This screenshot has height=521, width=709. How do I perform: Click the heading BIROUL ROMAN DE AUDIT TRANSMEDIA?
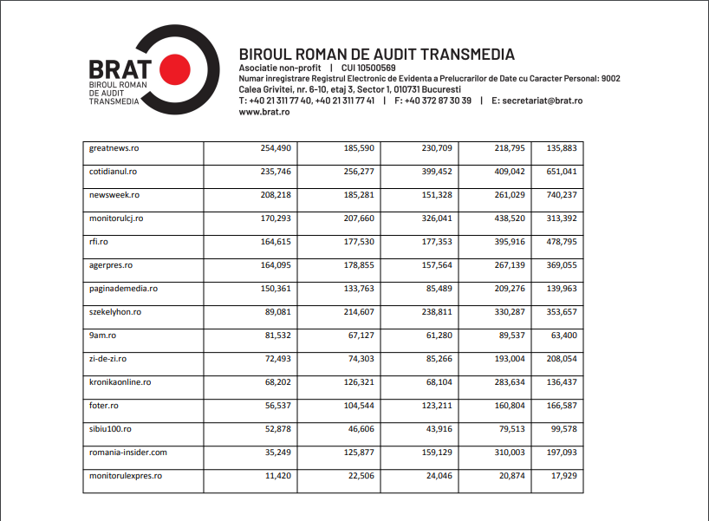(376, 55)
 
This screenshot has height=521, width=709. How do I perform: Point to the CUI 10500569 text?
(368, 68)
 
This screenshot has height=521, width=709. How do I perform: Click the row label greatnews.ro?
(114, 148)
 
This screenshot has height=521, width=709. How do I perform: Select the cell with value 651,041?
(561, 172)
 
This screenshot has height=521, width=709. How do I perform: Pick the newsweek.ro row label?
(114, 195)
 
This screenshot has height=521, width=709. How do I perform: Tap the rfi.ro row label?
(99, 242)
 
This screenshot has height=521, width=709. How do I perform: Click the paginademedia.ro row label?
(123, 289)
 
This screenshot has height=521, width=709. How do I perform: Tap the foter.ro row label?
(104, 406)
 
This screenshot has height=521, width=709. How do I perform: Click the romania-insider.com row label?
(127, 453)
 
